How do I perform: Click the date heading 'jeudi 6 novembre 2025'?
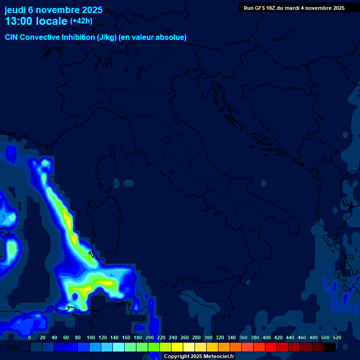coord(53,10)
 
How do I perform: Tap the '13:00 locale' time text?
coord(36,21)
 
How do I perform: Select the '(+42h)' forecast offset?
coord(81,21)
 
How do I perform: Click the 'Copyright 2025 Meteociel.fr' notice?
coord(199,356)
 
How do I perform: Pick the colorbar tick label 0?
coord(30,337)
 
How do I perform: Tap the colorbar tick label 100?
coord(91,337)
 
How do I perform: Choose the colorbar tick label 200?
coord(150,337)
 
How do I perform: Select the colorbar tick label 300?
coord(208,337)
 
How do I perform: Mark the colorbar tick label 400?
coord(267,337)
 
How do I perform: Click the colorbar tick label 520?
coord(337,337)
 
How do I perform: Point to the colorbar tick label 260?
coord(185,337)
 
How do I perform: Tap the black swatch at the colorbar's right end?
coord(330,347)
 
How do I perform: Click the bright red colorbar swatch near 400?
coord(271,347)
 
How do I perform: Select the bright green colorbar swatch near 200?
coord(154,347)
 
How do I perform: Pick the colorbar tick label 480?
coord(314,337)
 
